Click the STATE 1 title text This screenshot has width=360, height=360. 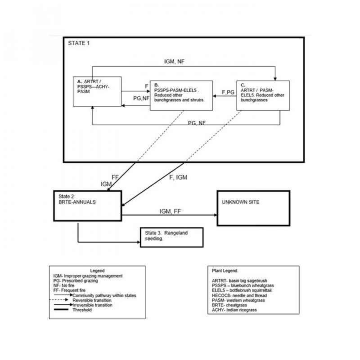coord(79,43)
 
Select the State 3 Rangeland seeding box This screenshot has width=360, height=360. coord(171,236)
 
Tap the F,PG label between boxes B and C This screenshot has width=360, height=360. coord(229,92)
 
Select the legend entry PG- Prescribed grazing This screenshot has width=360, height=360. coord(75,280)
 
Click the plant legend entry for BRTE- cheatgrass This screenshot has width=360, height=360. coord(233,305)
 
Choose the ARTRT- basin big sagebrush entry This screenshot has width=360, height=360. coord(242,280)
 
